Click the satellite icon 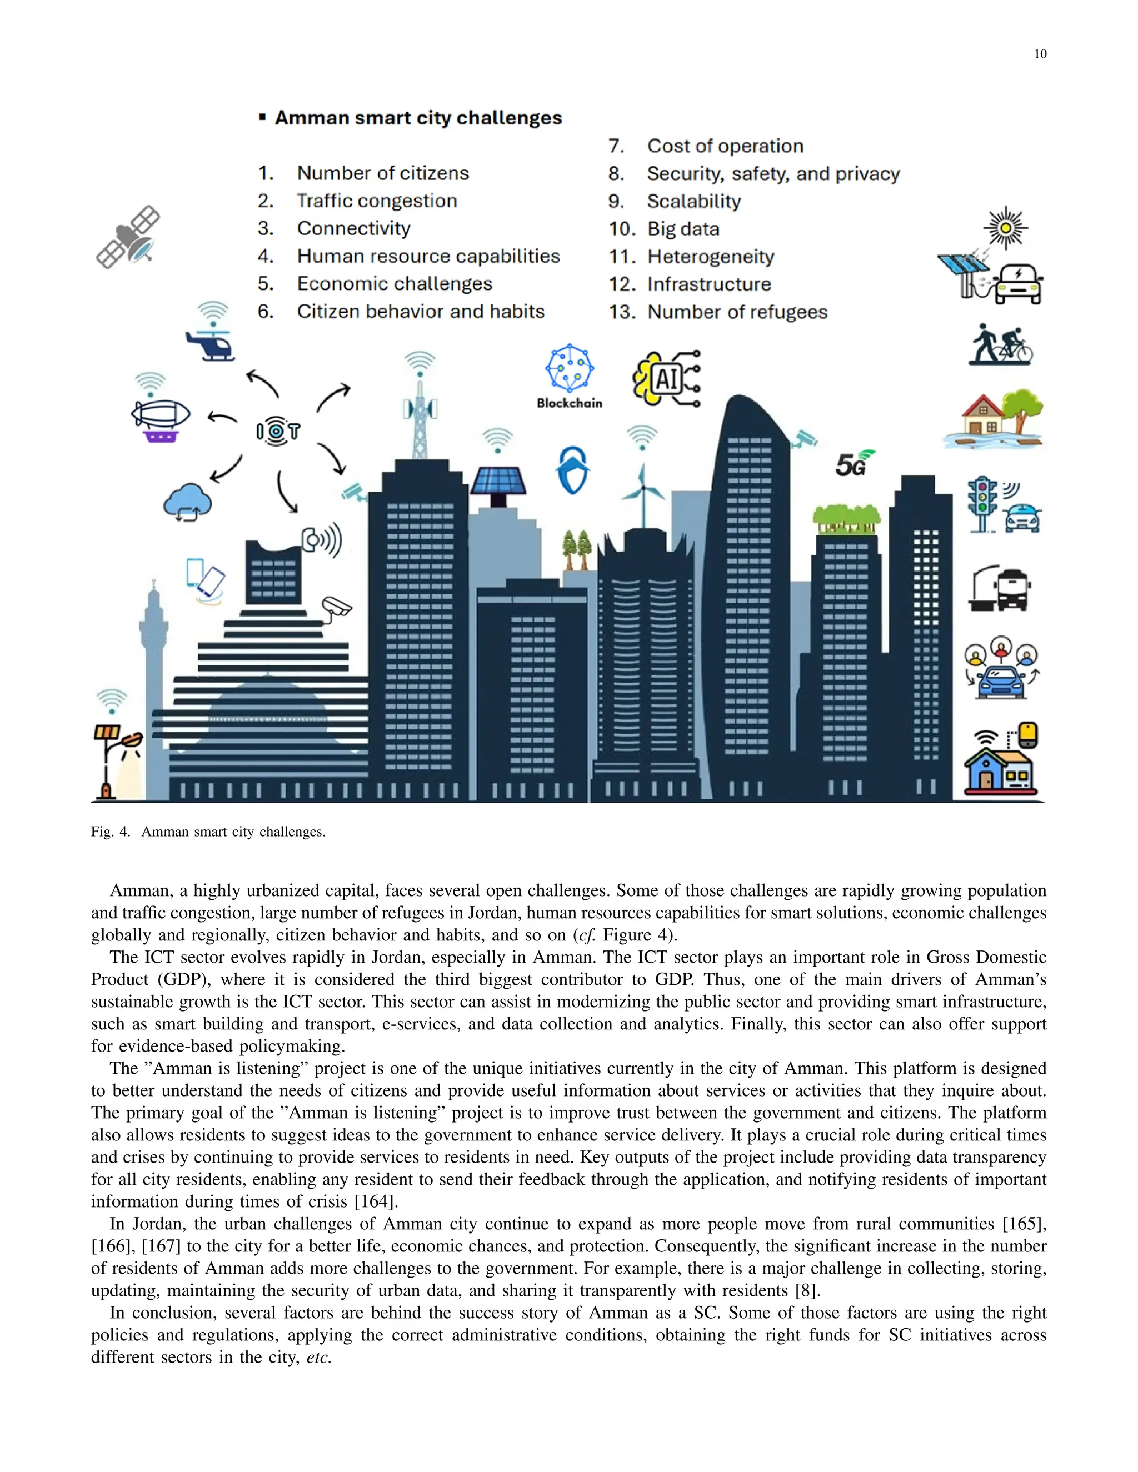click(128, 237)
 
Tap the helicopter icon click(211, 344)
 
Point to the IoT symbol click(278, 430)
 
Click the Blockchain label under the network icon click(569, 403)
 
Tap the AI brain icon click(666, 379)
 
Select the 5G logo click(853, 463)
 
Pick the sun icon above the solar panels click(1005, 228)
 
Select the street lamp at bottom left click(114, 762)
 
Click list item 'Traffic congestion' click(377, 201)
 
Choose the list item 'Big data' click(683, 229)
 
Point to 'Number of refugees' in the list click(737, 312)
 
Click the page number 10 click(1040, 54)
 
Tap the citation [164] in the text click(376, 1201)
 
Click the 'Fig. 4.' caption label click(111, 832)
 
